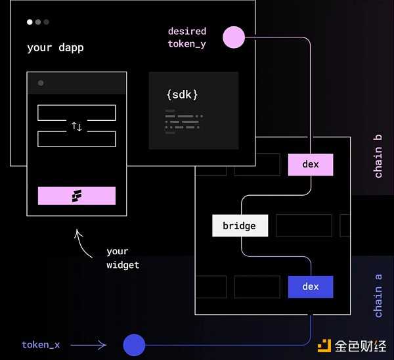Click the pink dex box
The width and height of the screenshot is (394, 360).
pos(311,165)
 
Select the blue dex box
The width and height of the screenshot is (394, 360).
pos(311,287)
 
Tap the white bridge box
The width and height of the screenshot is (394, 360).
pos(240,226)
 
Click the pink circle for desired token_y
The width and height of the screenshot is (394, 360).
pos(234,37)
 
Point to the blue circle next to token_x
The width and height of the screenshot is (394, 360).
pos(134,344)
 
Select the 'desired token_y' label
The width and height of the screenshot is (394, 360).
pos(187,37)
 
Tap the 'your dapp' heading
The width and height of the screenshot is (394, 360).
pos(55,48)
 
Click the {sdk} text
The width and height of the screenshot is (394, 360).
pos(182,95)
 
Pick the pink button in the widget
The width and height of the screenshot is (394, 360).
pos(77,196)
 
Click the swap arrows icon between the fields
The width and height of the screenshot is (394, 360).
pos(77,126)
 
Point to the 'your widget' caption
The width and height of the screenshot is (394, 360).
pos(123,258)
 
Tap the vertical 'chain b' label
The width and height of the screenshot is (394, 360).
pos(378,156)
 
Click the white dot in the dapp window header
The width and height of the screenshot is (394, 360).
pos(30,22)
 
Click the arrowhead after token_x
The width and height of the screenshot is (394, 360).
pos(102,344)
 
